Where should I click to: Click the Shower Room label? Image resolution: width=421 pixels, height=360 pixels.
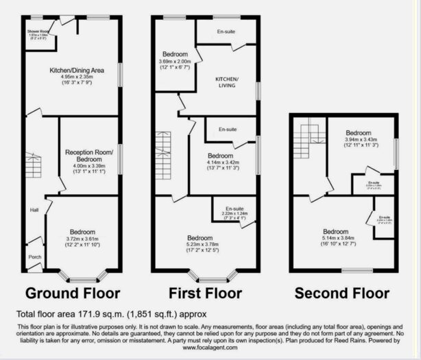coord(37,32)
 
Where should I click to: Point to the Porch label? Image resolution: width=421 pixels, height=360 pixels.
coord(34,258)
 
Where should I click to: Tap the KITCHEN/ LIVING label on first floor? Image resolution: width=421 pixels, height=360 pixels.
coord(228,84)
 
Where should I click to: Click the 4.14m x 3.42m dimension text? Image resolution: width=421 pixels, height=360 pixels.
coord(224,162)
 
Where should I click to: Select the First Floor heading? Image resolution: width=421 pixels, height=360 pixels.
coord(204,293)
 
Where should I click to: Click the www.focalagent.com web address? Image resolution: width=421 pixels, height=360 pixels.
coord(210,348)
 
